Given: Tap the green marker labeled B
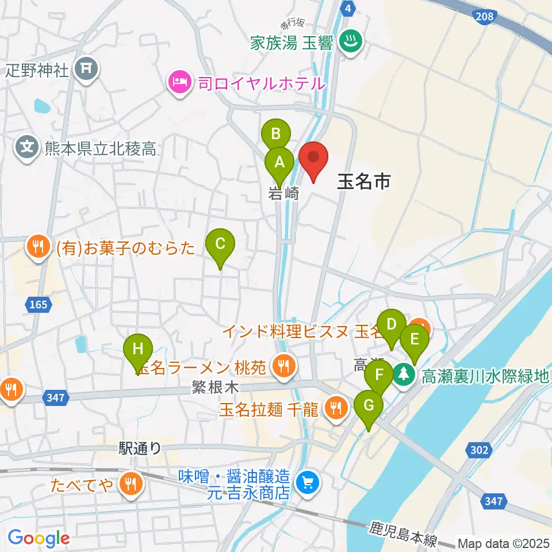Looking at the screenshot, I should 275,135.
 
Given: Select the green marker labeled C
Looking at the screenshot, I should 220,244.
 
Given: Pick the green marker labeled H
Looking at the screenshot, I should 137,349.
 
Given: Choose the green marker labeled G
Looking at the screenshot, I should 369,405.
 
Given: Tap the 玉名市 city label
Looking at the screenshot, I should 363,182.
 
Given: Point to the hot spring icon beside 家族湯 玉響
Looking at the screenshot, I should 348,41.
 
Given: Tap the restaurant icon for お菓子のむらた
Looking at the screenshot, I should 39,247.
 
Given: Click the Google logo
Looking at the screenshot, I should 39,538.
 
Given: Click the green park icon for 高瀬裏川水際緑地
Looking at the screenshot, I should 405,377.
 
